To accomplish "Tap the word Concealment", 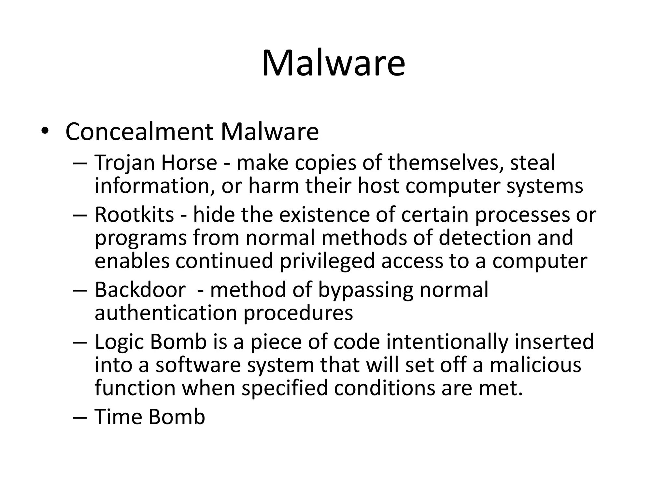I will coord(139,132).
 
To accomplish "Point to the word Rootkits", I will coord(134,215).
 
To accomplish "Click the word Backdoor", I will coord(140,289).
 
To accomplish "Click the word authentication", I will coord(166,313).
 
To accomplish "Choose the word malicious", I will coord(535,365).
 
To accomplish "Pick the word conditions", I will coord(385,388).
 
